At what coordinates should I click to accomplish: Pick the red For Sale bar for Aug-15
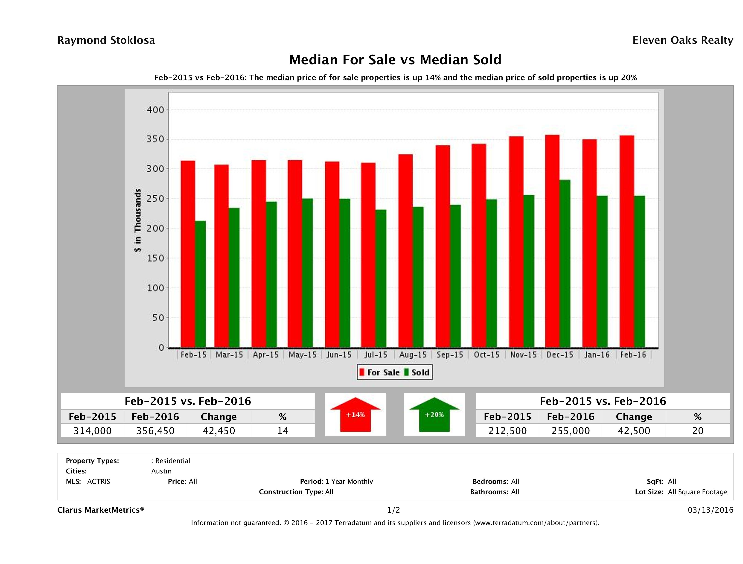pos(405,251)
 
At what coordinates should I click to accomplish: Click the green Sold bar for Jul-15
pos(381,278)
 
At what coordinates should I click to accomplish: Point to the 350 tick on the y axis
pos(155,139)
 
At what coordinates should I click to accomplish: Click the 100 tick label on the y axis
pos(155,288)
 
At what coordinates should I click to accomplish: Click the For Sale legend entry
pos(380,372)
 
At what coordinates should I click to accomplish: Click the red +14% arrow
pos(355,415)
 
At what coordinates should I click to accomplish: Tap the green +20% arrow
pos(434,415)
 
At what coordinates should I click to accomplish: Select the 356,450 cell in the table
pos(155,431)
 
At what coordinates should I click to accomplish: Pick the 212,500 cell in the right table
pos(507,431)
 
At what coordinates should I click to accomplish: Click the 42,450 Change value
pos(219,431)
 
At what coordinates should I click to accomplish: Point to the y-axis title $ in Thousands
pos(138,220)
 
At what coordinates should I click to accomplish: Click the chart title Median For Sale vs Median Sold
pos(395,60)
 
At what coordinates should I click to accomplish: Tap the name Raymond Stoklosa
pos(106,40)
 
